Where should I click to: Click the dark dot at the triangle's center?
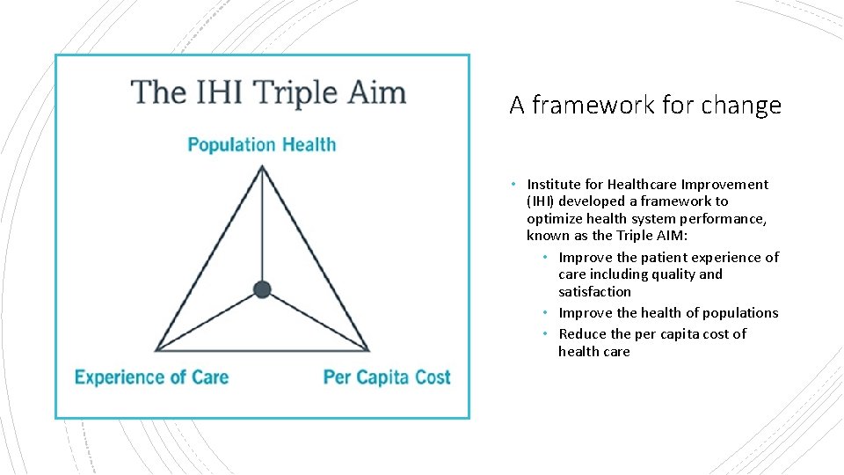(x=261, y=289)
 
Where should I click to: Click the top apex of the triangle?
(x=262, y=167)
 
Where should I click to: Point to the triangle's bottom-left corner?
(x=156, y=350)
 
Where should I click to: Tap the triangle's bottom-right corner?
(x=368, y=350)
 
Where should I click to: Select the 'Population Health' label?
(x=261, y=144)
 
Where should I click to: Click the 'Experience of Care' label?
(x=151, y=377)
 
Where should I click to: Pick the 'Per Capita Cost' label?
(x=387, y=377)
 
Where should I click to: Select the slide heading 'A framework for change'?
(x=644, y=106)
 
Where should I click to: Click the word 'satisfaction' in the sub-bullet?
(x=594, y=292)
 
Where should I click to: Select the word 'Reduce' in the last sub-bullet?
(x=582, y=334)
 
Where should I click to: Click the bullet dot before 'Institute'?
(x=513, y=185)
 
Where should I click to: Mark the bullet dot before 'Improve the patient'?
(x=545, y=258)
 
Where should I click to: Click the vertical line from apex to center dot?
(x=262, y=229)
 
